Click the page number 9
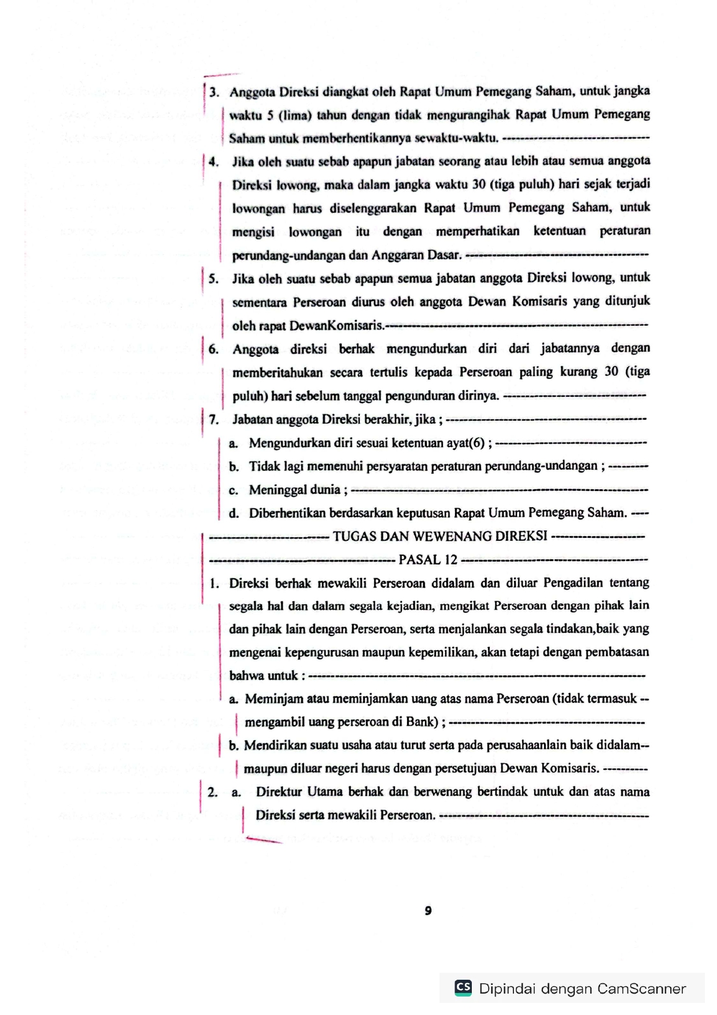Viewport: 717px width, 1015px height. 428,910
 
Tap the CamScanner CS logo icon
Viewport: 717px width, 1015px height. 463,987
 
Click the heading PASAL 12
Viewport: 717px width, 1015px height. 428,560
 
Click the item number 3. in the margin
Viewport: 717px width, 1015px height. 215,93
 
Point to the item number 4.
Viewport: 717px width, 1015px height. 213,162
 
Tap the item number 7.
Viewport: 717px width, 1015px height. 213,419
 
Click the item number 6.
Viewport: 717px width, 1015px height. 213,349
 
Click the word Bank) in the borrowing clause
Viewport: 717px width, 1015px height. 423,722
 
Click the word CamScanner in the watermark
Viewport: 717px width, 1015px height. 641,988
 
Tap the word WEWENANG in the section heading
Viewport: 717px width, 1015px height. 457,536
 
